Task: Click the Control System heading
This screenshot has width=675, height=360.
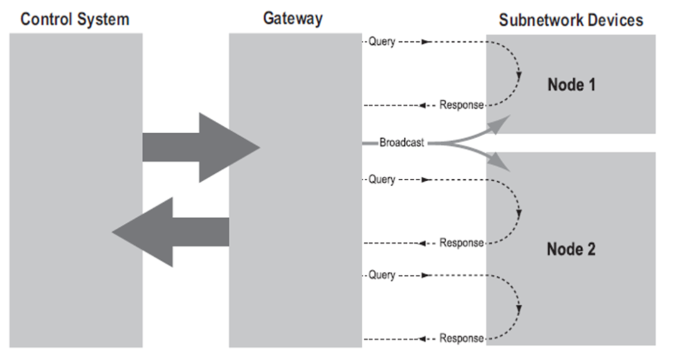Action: tap(75, 19)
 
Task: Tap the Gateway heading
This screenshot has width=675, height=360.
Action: tap(292, 18)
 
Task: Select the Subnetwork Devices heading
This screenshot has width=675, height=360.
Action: tap(571, 20)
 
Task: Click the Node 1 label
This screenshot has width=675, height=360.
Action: tap(571, 84)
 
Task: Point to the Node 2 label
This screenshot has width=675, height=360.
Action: tap(571, 249)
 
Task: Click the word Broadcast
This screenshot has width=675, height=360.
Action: tap(401, 142)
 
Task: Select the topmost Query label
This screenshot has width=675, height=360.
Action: tap(381, 42)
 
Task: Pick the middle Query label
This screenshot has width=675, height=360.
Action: tap(381, 180)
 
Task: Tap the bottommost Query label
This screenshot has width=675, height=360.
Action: tap(381, 275)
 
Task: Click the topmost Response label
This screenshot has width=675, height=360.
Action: tap(461, 105)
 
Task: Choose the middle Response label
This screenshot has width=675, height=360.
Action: tap(461, 242)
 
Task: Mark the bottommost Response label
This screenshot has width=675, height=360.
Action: tap(461, 338)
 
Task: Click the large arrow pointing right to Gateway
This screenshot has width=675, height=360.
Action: tap(200, 147)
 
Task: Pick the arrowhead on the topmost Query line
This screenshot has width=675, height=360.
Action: tap(426, 42)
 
